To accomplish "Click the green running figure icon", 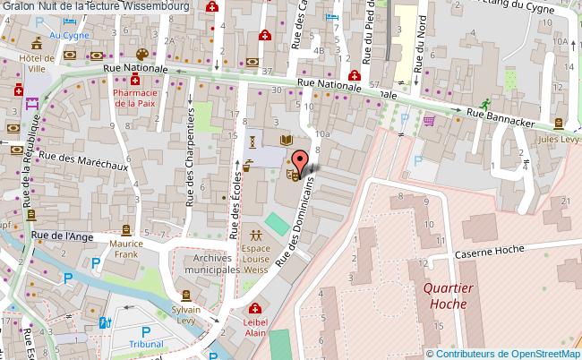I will [x=484, y=103].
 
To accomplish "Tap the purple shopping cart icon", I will [x=429, y=121].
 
